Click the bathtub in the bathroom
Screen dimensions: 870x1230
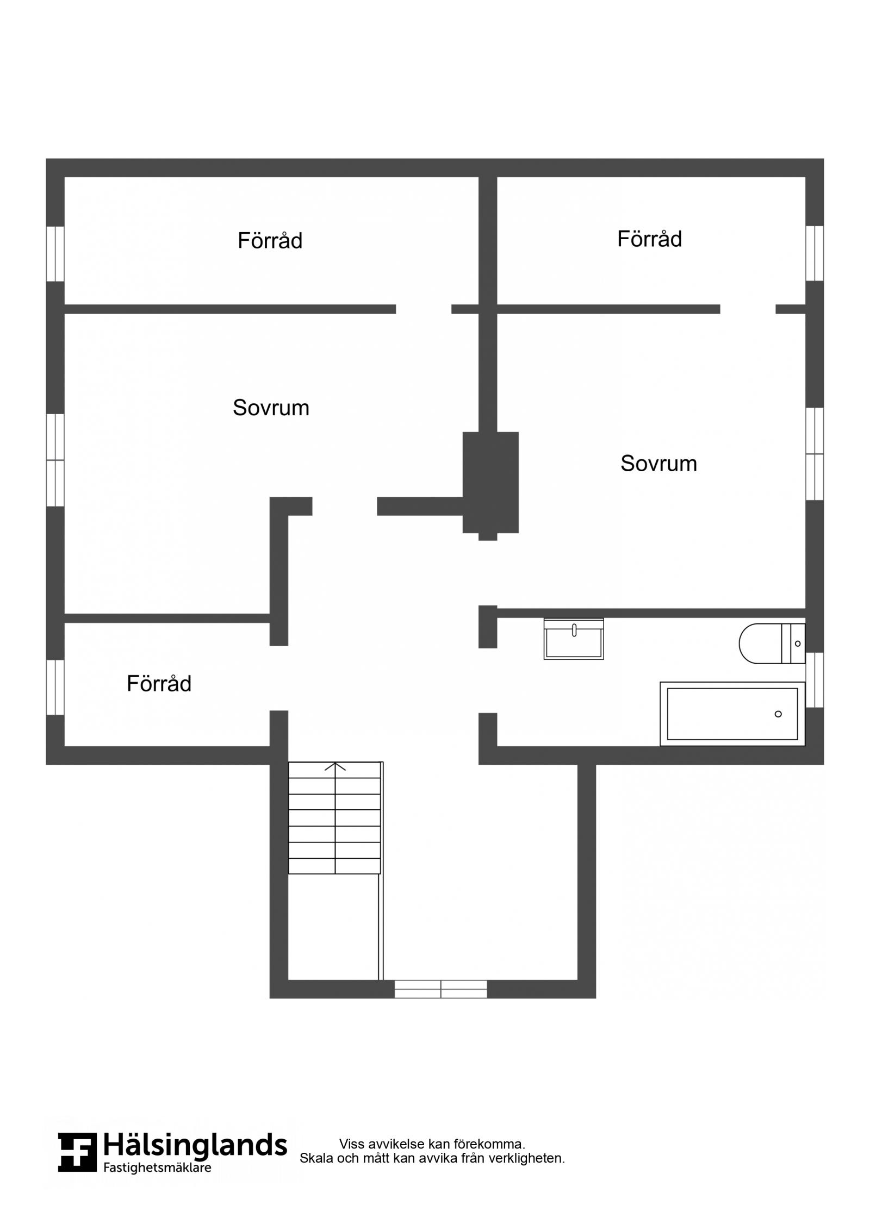pyautogui.click(x=732, y=714)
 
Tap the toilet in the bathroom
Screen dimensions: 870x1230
pyautogui.click(x=772, y=644)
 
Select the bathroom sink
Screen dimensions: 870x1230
pyautogui.click(x=574, y=639)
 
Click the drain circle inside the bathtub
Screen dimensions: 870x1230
pyautogui.click(x=778, y=714)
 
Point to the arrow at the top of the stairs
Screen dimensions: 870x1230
pyautogui.click(x=335, y=766)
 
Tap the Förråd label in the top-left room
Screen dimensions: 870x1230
pyautogui.click(x=270, y=240)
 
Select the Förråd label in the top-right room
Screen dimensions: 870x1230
pyautogui.click(x=649, y=239)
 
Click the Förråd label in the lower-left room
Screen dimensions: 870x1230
pyautogui.click(x=159, y=683)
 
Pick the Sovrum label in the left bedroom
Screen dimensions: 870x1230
pyautogui.click(x=271, y=408)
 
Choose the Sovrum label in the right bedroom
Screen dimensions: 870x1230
pyautogui.click(x=658, y=463)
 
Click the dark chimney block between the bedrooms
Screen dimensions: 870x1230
pyautogui.click(x=490, y=483)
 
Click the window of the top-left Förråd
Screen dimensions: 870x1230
pyautogui.click(x=55, y=254)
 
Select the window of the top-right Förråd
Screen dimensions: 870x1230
pyautogui.click(x=815, y=253)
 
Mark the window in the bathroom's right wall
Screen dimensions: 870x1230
pyautogui.click(x=815, y=680)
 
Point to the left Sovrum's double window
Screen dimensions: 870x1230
pyautogui.click(x=55, y=460)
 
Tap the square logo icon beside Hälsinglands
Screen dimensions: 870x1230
pyautogui.click(x=77, y=1152)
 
